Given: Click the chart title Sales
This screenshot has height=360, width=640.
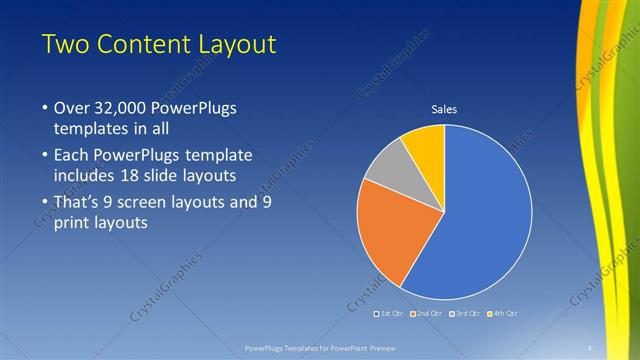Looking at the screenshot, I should tap(444, 109).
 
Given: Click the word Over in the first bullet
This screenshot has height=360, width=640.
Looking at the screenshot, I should tap(71, 107).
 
